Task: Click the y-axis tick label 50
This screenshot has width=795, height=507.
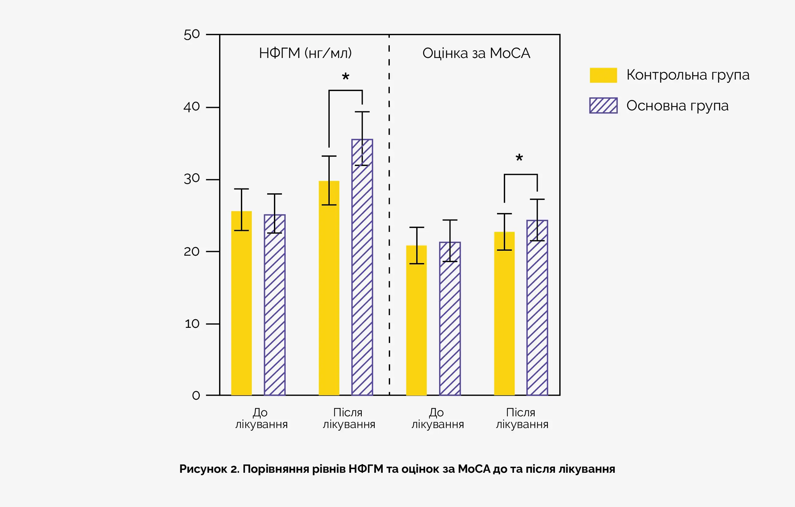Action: pos(192,34)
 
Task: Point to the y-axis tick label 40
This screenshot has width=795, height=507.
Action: pos(192,107)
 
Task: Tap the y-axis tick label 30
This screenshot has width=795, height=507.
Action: pos(192,179)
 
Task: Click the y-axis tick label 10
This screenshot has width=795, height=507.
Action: pos(192,324)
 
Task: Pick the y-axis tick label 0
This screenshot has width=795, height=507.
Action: pos(196,395)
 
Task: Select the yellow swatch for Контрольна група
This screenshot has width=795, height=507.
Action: pos(603,75)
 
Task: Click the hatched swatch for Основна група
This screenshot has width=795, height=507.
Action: pos(603,105)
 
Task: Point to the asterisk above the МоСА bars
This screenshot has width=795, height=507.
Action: pos(519,158)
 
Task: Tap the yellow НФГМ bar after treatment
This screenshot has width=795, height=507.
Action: pos(329,287)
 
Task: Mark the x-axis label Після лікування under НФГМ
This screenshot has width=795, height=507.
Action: pos(349,418)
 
